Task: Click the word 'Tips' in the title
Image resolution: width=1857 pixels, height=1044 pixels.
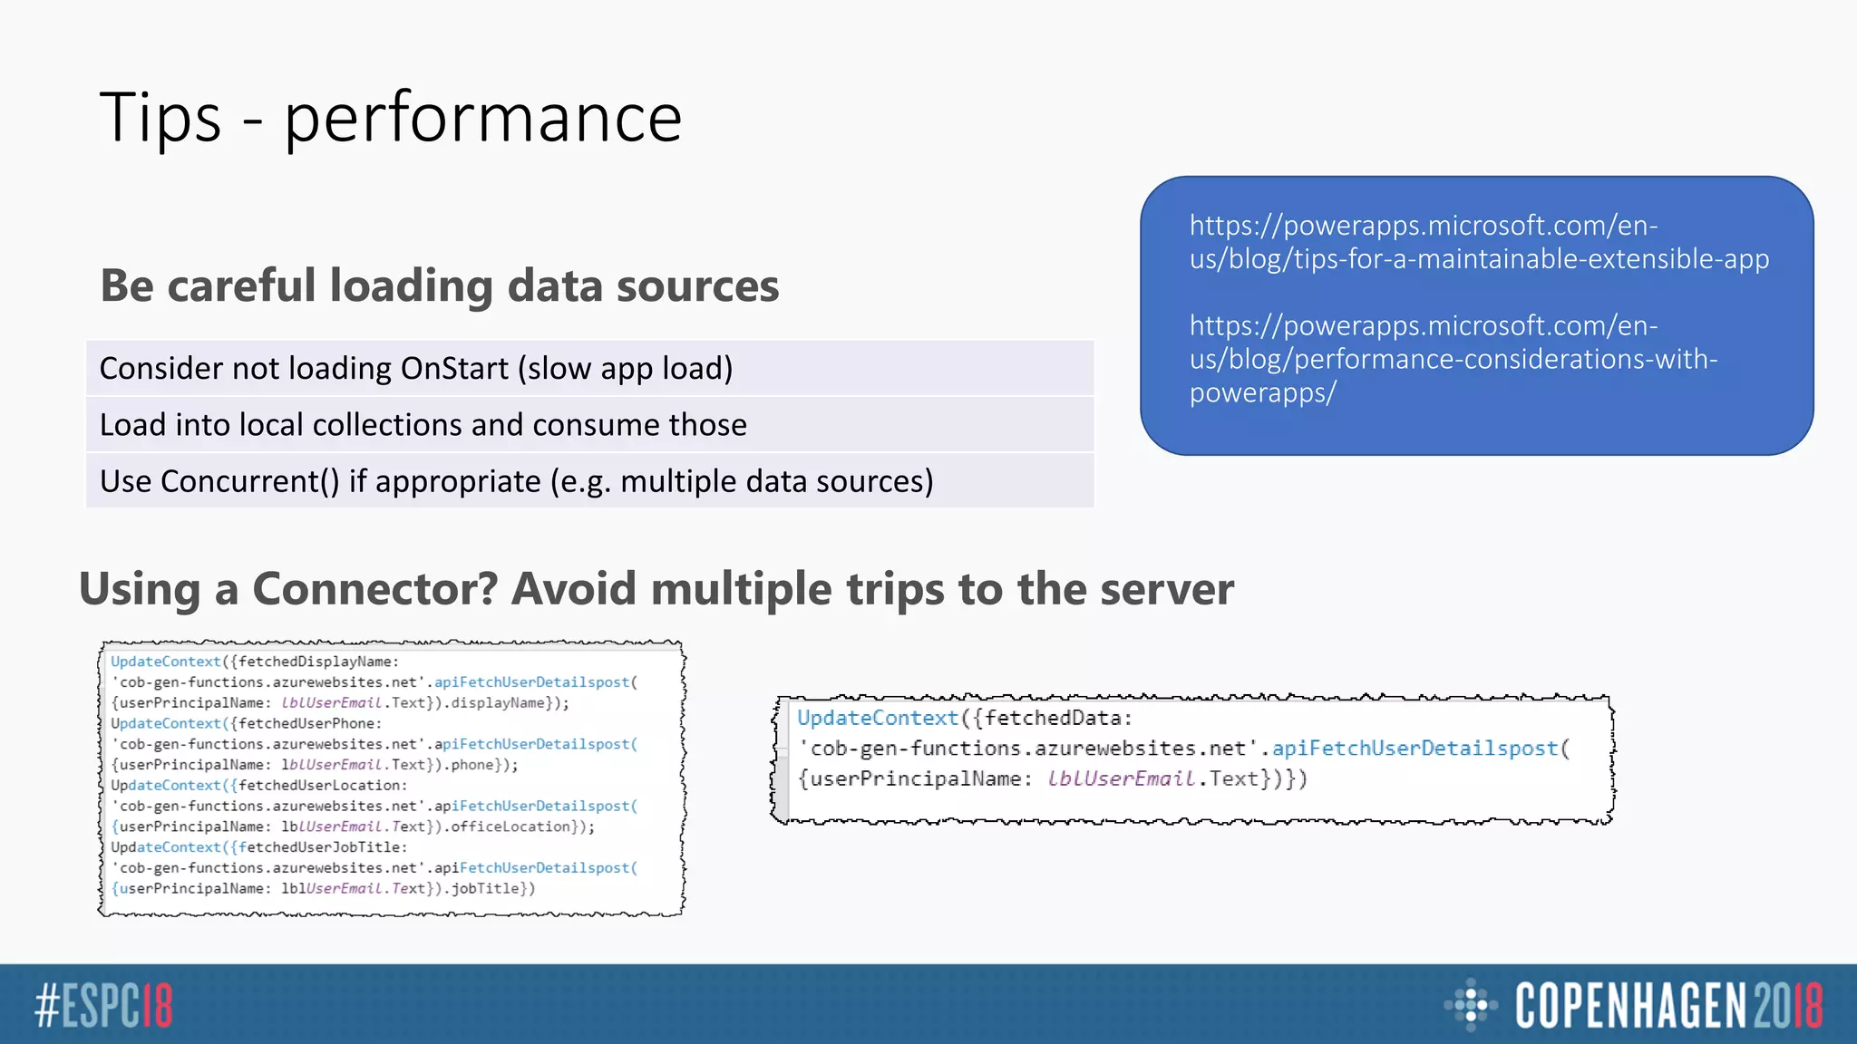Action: click(160, 118)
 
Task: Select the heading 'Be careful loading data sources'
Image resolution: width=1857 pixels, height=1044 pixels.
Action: click(439, 285)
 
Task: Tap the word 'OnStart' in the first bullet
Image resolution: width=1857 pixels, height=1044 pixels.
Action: click(454, 369)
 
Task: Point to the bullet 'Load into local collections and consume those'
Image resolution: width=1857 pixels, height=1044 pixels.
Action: click(423, 425)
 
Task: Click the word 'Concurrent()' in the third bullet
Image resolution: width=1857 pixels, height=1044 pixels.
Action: click(249, 481)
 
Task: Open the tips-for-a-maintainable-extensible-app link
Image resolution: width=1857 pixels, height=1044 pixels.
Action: click(1478, 242)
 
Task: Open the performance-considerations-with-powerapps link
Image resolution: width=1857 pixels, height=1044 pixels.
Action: click(1453, 359)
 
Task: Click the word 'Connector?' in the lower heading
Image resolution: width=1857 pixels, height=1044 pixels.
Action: click(374, 589)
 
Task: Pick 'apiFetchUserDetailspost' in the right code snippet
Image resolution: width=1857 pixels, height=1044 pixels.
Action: click(1415, 749)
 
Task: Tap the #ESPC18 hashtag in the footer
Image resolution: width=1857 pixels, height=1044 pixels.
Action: click(103, 1006)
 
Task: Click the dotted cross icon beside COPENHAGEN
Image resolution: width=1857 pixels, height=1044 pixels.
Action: click(1470, 1004)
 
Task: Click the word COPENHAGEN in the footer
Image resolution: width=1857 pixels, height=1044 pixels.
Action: click(1629, 1006)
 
